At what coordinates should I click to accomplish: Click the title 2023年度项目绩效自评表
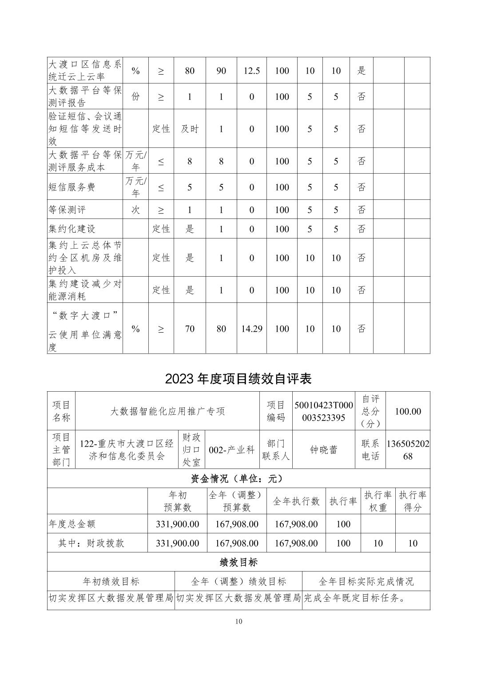[x=238, y=378]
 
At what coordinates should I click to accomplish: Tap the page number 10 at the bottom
[x=238, y=621]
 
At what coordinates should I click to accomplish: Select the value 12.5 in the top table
[x=251, y=71]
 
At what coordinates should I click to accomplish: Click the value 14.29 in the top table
[x=251, y=329]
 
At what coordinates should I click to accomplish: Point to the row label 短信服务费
[x=72, y=187]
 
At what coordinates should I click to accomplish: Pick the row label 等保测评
[x=67, y=210]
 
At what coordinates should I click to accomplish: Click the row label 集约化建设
[x=72, y=229]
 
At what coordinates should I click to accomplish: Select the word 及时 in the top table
[x=190, y=129]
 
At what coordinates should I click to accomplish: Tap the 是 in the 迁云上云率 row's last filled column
[x=362, y=71]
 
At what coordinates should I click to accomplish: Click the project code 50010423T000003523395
[x=324, y=411]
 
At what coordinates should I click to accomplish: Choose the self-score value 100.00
[x=408, y=411]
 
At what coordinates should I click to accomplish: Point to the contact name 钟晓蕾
[x=324, y=449]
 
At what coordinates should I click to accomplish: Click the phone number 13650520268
[x=408, y=449]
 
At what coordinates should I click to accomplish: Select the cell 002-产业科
[x=232, y=449]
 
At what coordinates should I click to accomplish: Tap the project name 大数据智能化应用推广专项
[x=167, y=411]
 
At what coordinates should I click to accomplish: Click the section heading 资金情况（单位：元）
[x=238, y=479]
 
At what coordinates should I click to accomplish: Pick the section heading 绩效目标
[x=238, y=562]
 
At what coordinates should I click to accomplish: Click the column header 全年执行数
[x=296, y=501]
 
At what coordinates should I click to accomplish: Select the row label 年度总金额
[x=72, y=524]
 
